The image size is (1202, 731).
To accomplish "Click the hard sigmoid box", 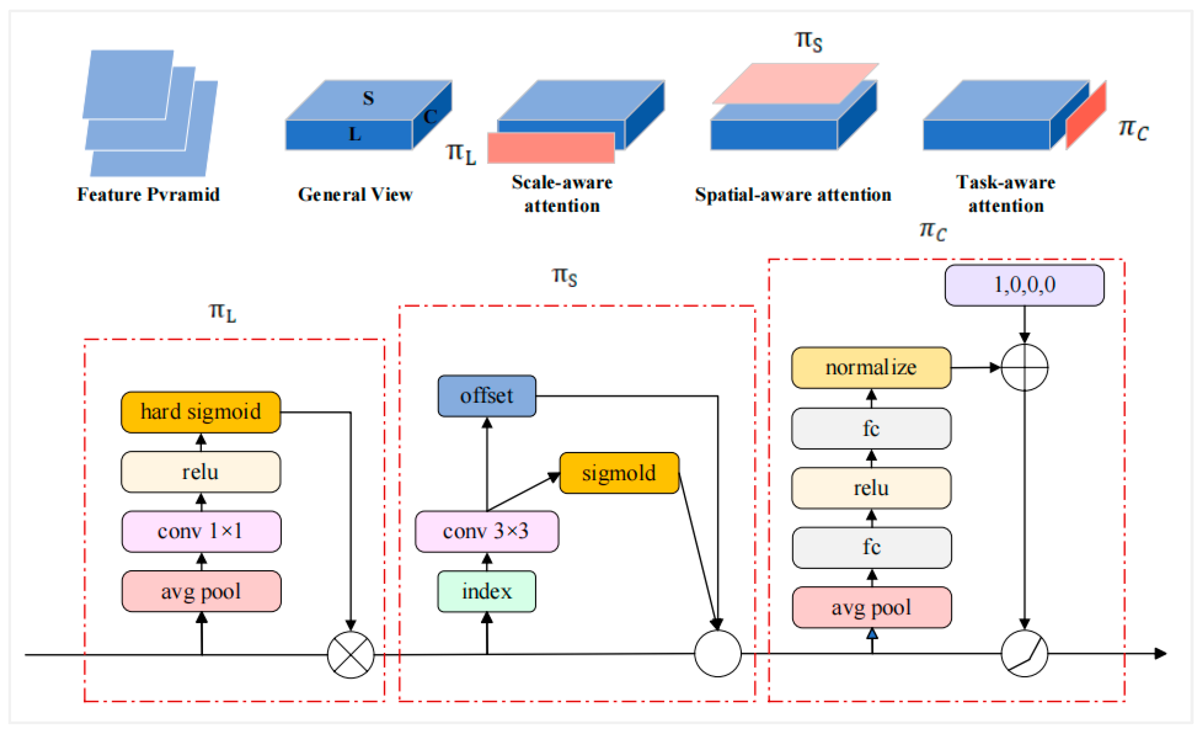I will [x=201, y=412].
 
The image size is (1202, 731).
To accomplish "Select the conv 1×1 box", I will [x=201, y=532].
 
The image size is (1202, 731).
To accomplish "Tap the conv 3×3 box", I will [x=487, y=532].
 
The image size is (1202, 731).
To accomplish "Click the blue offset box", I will [x=487, y=396].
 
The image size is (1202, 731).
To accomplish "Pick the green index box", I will [x=487, y=592].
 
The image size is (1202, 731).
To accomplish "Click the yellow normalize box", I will [x=871, y=368].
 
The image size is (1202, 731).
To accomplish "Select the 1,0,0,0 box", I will [x=1024, y=285].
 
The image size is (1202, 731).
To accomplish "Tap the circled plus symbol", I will [x=1024, y=368].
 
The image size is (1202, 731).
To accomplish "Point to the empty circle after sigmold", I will [x=717, y=653].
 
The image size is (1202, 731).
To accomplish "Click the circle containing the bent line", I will [x=1024, y=653].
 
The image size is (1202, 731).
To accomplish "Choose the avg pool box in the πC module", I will [x=871, y=608].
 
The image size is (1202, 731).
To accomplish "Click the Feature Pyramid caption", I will [x=148, y=195].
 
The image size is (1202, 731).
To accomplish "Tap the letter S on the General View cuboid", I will [x=368, y=99].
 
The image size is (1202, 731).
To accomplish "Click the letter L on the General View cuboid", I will [x=355, y=134].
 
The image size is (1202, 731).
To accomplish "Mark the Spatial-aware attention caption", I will [x=793, y=195].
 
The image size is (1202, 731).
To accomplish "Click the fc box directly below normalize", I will [x=871, y=429].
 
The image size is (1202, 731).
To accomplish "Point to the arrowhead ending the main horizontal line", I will [x=1161, y=653].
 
